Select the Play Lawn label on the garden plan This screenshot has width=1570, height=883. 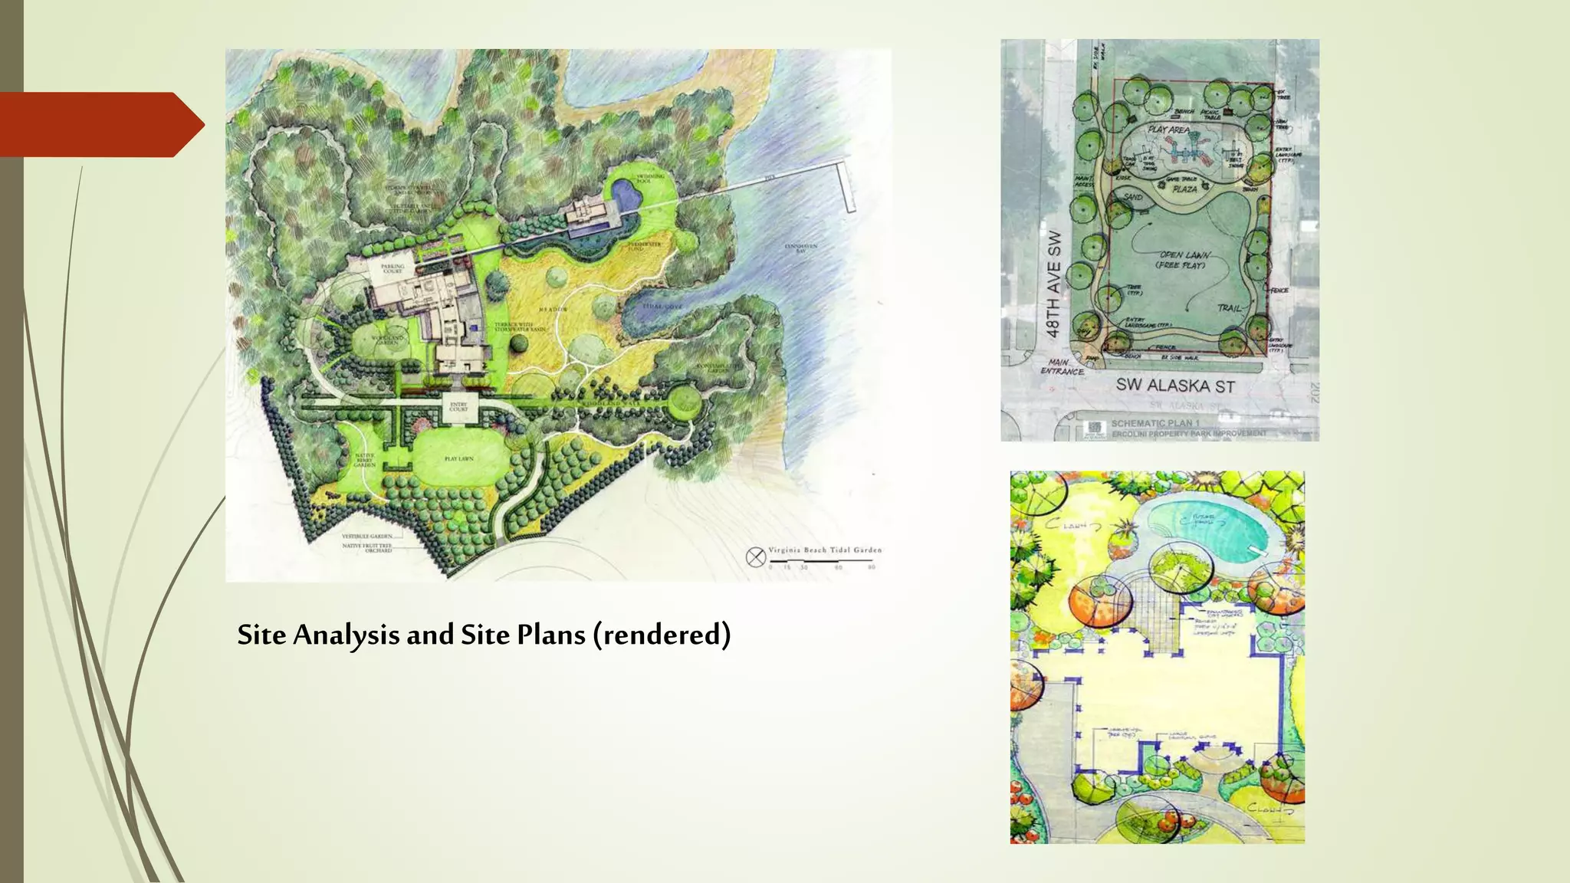click(459, 458)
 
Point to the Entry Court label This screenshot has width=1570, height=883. click(458, 407)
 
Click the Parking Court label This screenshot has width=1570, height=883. click(392, 269)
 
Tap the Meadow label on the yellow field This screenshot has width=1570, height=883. click(557, 309)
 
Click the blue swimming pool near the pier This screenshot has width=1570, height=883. click(628, 197)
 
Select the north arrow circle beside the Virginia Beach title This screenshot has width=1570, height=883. click(756, 556)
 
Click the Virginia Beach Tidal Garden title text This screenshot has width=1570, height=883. click(825, 550)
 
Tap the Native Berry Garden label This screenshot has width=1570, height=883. click(364, 460)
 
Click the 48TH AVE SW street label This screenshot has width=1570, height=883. click(1054, 284)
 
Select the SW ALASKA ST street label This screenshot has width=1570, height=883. click(1174, 386)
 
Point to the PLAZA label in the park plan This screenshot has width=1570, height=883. click(1184, 189)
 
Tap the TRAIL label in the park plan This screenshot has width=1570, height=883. click(1229, 307)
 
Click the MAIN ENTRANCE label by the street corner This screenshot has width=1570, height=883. click(1062, 367)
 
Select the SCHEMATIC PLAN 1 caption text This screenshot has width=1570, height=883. click(1155, 423)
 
